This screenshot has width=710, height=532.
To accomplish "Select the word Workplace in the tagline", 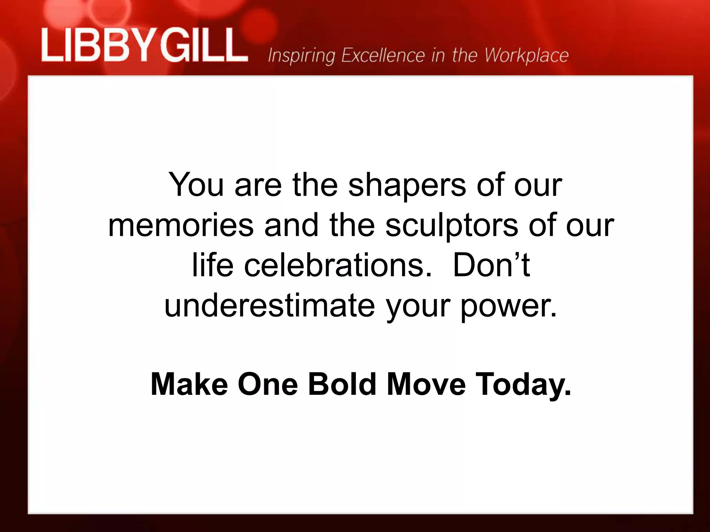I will click(527, 55).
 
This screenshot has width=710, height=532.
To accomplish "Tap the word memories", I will click(181, 225).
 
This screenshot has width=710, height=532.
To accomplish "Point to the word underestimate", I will click(269, 305).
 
